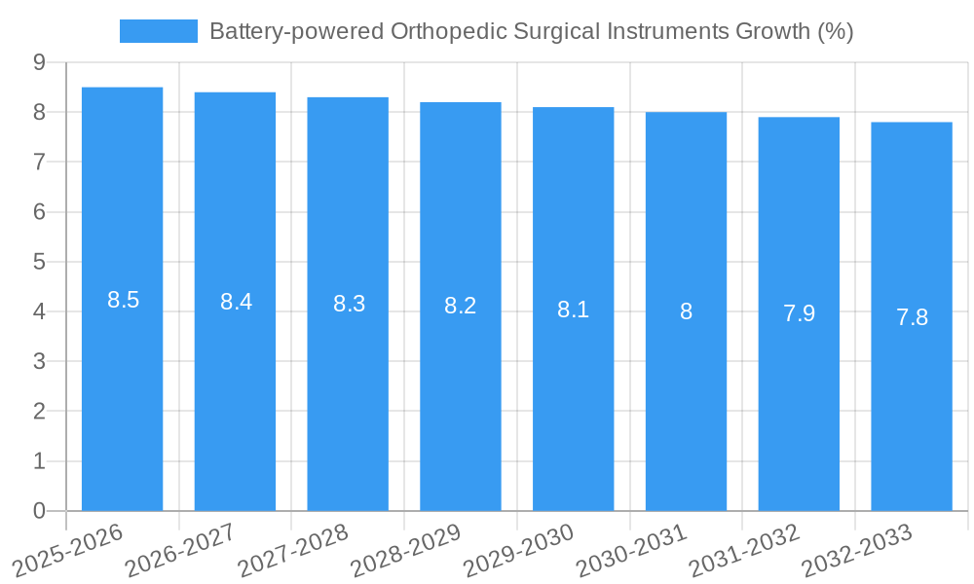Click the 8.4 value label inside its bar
tap(236, 302)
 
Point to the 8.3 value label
tap(349, 304)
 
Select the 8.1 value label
tap(573, 310)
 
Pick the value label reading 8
tap(686, 311)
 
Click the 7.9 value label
tap(799, 313)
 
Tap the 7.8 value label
tap(912, 317)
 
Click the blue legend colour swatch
tap(158, 31)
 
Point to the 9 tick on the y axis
tap(39, 62)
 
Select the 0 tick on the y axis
tap(39, 511)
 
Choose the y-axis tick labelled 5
tap(39, 262)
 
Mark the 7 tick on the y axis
tap(39, 162)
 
